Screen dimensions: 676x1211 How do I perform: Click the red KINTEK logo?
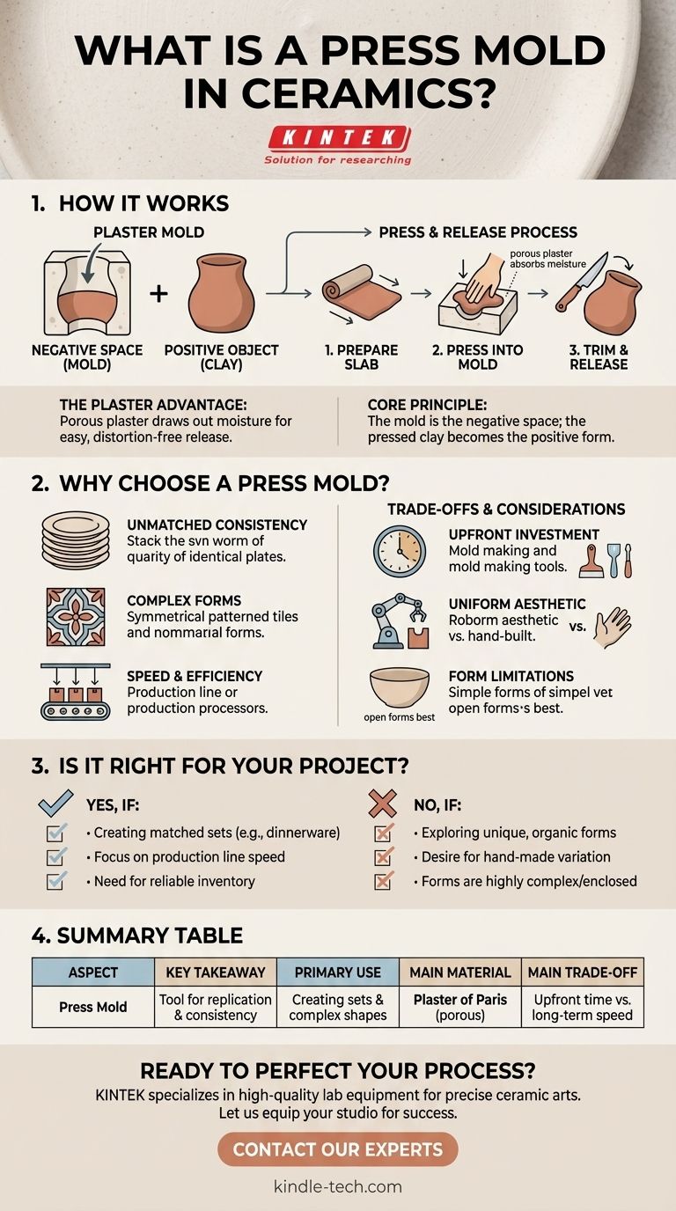tap(339, 138)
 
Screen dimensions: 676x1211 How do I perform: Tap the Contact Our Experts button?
tap(338, 1149)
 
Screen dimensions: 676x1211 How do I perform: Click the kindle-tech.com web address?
tap(338, 1186)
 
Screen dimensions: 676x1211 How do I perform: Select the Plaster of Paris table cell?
tap(460, 1007)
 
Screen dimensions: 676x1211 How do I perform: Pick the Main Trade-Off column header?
tap(583, 972)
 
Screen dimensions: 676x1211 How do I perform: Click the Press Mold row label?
tap(93, 1007)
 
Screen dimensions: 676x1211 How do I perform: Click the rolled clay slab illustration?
tap(361, 291)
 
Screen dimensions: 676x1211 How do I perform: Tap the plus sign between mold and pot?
tap(158, 294)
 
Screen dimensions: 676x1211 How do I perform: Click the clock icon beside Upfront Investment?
tap(400, 551)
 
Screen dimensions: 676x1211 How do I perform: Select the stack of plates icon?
tap(76, 540)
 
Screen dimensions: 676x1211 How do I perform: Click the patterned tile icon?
tap(76, 617)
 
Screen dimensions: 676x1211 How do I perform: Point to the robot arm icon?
tap(400, 621)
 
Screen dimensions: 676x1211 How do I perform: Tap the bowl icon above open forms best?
tap(400, 687)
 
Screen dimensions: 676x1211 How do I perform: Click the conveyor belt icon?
tap(76, 692)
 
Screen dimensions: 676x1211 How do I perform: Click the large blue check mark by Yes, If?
tap(55, 803)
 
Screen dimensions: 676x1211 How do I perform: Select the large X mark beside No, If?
tap(382, 803)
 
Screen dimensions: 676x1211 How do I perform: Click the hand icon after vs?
tap(613, 628)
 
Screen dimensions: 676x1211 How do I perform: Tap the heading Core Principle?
tap(427, 405)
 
